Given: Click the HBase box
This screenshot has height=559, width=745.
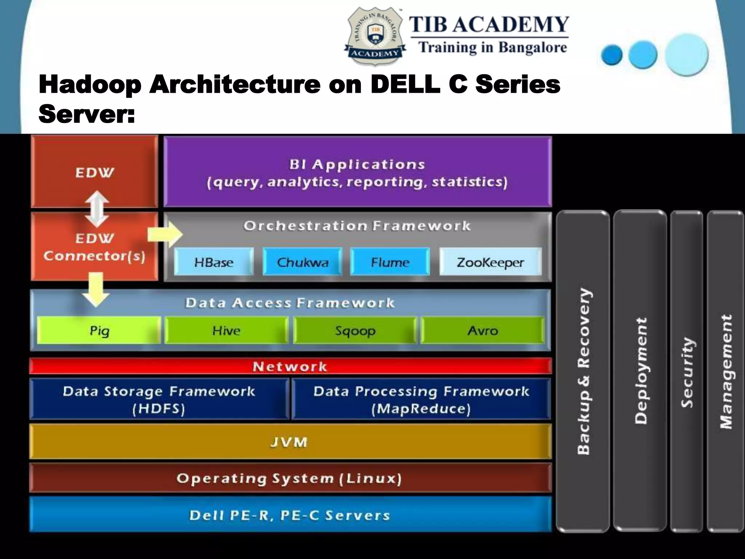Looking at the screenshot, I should [214, 262].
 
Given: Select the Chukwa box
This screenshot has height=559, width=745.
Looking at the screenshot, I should [302, 262].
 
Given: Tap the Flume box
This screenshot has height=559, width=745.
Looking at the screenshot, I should [390, 262].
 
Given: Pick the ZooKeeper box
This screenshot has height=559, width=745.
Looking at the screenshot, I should [490, 262].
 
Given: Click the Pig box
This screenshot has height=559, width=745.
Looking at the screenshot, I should [99, 330].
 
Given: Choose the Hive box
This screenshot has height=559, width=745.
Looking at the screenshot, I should [226, 330].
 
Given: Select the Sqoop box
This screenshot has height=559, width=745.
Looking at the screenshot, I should [355, 330].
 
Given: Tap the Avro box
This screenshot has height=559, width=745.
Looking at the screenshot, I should [483, 330].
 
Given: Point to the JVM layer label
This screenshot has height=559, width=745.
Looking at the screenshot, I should [289, 442].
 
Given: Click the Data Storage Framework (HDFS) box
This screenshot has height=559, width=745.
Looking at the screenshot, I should [159, 399].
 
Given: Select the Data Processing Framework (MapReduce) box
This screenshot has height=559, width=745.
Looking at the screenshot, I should [421, 399].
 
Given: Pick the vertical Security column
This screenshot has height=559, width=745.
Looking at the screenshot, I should [687, 371].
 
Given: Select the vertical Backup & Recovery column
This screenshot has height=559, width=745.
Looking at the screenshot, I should [583, 371].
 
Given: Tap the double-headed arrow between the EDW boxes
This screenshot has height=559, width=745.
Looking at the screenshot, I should [97, 209].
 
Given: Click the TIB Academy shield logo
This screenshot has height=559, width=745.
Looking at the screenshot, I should [375, 36].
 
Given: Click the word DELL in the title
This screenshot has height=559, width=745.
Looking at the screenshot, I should [405, 84].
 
